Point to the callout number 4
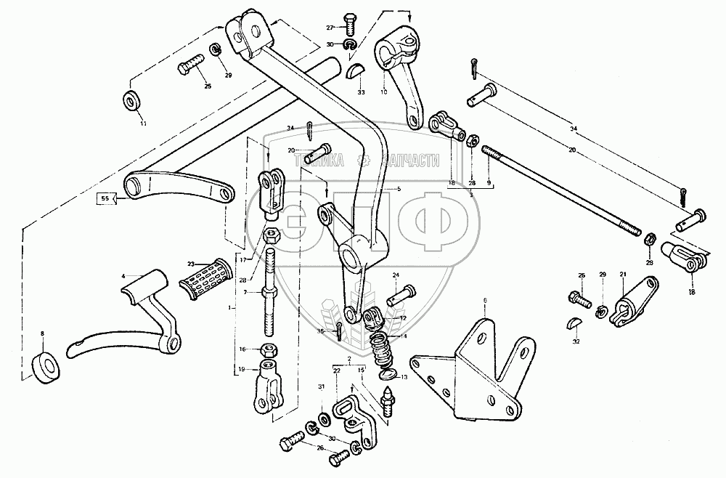tap(123, 276)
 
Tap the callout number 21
tap(623, 274)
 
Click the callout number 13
tap(405, 378)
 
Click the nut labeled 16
tap(267, 349)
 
